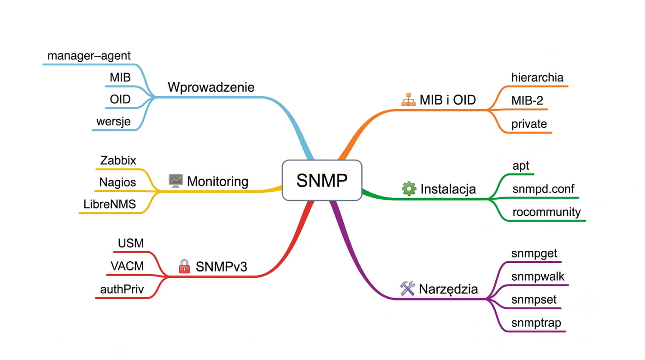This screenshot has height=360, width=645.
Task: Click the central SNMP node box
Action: coord(322,180)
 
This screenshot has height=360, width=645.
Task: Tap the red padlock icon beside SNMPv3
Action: coord(184,266)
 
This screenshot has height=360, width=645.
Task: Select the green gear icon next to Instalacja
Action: coord(409,189)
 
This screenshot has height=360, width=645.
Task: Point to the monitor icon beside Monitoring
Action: coord(176,181)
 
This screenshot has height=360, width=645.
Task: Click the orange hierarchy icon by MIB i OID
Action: coord(409,100)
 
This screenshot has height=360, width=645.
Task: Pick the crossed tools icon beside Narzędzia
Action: coord(407,288)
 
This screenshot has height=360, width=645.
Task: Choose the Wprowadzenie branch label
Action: coord(211,87)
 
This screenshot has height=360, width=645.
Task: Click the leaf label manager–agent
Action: coord(89,56)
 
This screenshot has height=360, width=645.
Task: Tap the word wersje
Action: coord(113,122)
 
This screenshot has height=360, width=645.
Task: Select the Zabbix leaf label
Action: coord(118,160)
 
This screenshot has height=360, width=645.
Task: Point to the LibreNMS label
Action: coord(110,204)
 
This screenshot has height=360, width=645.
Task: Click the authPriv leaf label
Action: coord(122,289)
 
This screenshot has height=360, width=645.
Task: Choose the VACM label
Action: coord(127,266)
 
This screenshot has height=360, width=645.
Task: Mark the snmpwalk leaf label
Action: coord(538,277)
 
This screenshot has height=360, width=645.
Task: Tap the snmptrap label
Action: coord(536,323)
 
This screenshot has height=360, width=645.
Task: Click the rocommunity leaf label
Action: coord(546,212)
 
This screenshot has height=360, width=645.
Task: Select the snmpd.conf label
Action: coord(543,189)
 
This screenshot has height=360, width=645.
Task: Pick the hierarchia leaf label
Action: coord(537,77)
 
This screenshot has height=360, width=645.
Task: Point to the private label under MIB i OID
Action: coord(529,124)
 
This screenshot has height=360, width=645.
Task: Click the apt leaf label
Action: coord(521,166)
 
